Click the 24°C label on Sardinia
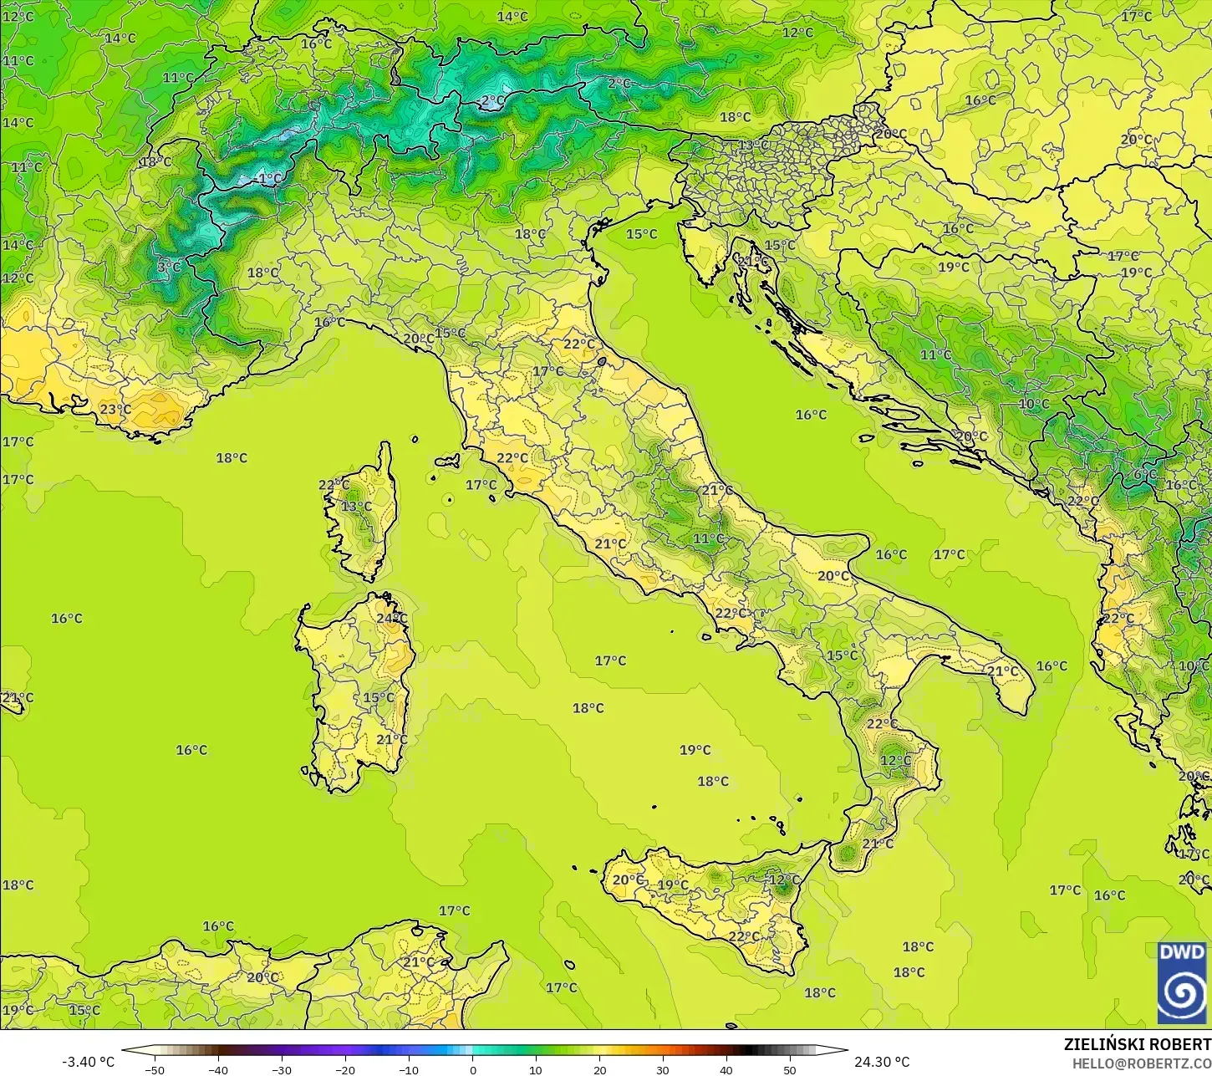tap(391, 618)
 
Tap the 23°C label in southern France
tap(115, 410)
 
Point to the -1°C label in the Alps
tap(269, 179)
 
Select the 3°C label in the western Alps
tap(169, 268)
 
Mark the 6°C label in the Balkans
tap(1145, 474)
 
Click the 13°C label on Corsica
tap(356, 507)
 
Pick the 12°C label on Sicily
tap(784, 880)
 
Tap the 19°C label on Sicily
tap(673, 885)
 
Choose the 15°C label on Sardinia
tap(378, 697)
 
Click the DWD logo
tap(1182, 982)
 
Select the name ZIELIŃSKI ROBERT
tap(1137, 1044)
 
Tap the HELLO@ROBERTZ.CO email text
tap(1142, 1063)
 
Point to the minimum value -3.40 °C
tap(88, 1062)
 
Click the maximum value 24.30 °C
tap(882, 1062)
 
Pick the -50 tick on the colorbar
tap(155, 1069)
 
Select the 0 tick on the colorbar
tap(472, 1069)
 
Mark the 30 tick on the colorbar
tap(663, 1069)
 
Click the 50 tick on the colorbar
tap(790, 1069)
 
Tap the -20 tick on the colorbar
tap(345, 1069)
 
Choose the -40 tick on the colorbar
tap(218, 1069)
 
